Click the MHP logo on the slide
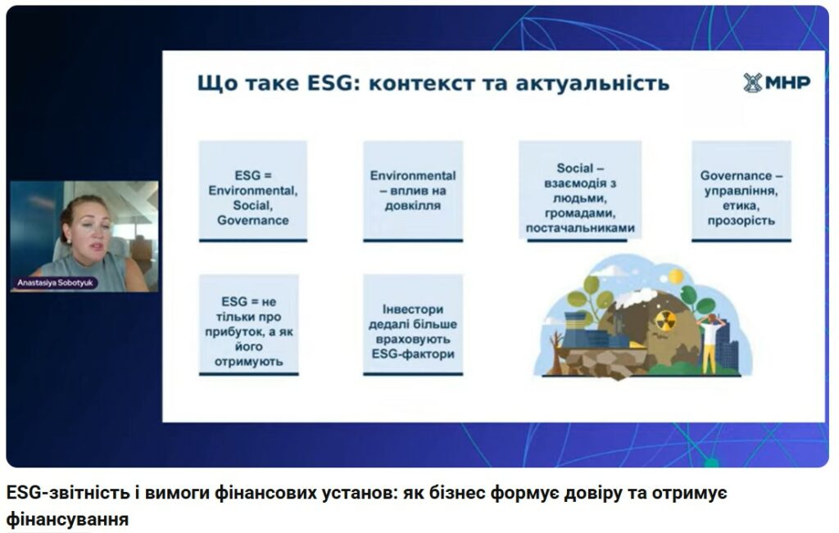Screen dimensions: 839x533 (x=777, y=83)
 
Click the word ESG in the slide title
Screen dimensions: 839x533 (x=330, y=84)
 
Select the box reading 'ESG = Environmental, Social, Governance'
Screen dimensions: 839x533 (x=253, y=191)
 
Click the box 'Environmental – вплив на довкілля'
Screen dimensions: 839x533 (x=413, y=191)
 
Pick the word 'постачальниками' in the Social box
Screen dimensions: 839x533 (x=580, y=228)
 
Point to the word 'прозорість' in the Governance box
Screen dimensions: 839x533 (x=741, y=221)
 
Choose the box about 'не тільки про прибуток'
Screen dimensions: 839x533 (x=249, y=325)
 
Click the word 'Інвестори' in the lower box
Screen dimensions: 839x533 (x=413, y=309)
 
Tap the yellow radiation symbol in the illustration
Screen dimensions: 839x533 (x=665, y=320)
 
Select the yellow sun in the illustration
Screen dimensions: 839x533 (x=676, y=276)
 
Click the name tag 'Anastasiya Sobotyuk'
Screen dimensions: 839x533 (x=55, y=282)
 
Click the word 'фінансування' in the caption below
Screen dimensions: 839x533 (x=67, y=519)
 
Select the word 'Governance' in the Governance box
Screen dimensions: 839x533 (x=736, y=175)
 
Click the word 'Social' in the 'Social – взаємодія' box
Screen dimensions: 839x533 (x=574, y=168)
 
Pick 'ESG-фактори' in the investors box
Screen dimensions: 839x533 (x=413, y=354)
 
